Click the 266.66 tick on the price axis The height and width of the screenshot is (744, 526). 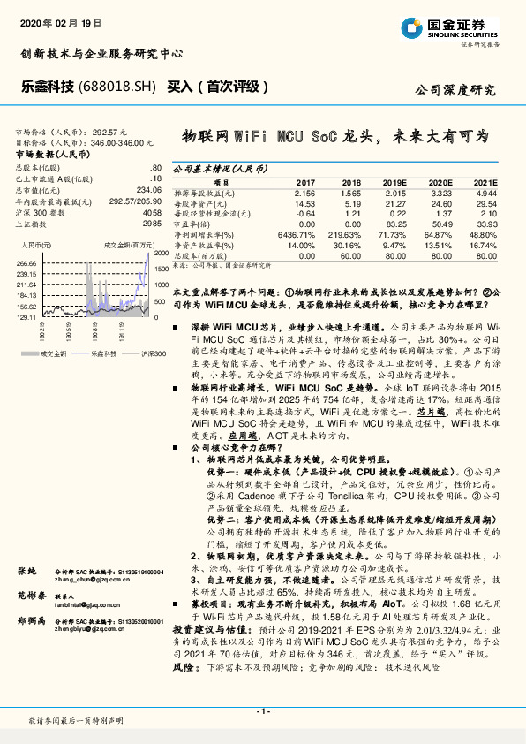(x=26, y=262)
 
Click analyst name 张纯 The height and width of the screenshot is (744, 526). (x=26, y=573)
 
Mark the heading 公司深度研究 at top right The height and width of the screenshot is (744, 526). (x=455, y=89)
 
